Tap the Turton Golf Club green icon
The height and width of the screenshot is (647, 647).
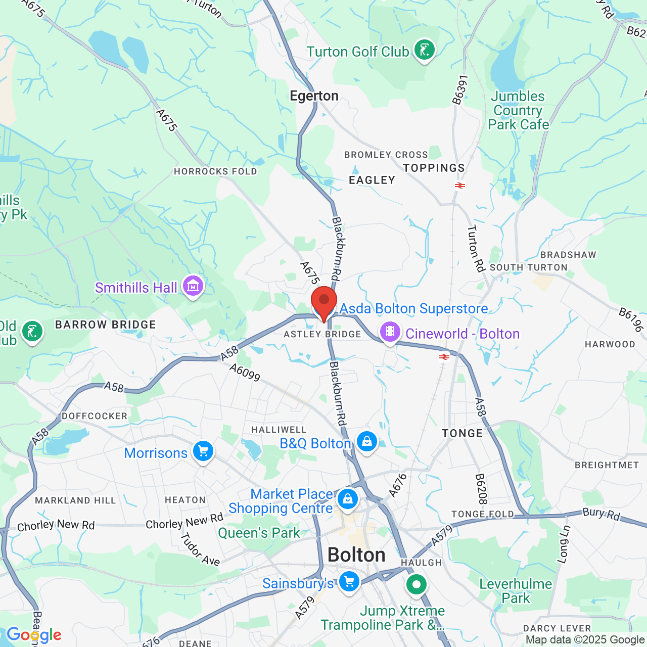(424, 50)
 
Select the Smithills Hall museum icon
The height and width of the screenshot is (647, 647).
(193, 287)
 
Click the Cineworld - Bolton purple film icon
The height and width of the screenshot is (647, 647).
(390, 332)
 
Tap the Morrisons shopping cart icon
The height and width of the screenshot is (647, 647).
(203, 451)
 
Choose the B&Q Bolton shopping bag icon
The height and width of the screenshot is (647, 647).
(366, 442)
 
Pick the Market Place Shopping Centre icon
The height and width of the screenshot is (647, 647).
(347, 499)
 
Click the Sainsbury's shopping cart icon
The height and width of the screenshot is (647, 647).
(349, 581)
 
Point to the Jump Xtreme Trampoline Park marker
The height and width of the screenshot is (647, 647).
(416, 585)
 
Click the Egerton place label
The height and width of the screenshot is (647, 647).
(314, 96)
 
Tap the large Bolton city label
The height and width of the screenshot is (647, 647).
(356, 555)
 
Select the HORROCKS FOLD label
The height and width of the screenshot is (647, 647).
(215, 171)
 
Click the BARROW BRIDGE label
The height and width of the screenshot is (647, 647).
(106, 325)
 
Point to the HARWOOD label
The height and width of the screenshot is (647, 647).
(610, 344)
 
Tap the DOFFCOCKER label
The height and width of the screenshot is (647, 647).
(95, 416)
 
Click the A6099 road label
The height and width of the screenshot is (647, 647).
(245, 373)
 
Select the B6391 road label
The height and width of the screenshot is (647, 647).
(460, 90)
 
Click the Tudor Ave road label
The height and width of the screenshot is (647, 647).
(201, 549)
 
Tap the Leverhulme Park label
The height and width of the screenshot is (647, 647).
(516, 591)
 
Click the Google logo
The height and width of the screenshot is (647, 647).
(34, 635)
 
